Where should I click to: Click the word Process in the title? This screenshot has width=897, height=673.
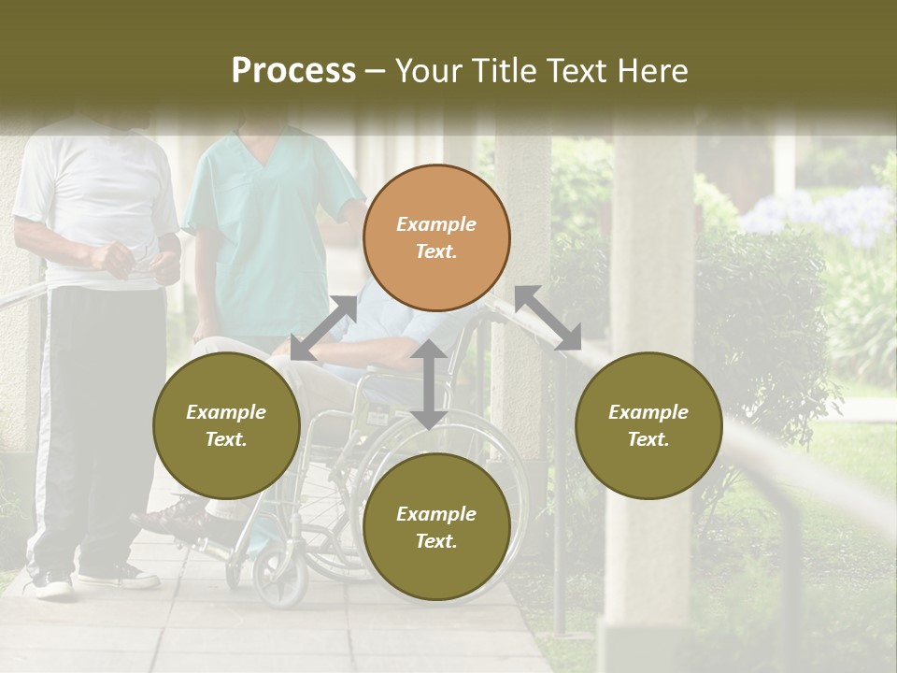(293, 71)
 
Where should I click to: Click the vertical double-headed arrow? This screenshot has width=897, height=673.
(428, 384)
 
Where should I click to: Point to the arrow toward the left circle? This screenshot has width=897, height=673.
(323, 328)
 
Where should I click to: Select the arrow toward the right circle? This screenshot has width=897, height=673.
(548, 318)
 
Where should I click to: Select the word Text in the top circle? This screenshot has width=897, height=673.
(435, 251)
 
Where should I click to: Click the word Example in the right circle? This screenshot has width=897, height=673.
(648, 412)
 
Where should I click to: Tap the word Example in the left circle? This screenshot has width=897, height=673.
(226, 412)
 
